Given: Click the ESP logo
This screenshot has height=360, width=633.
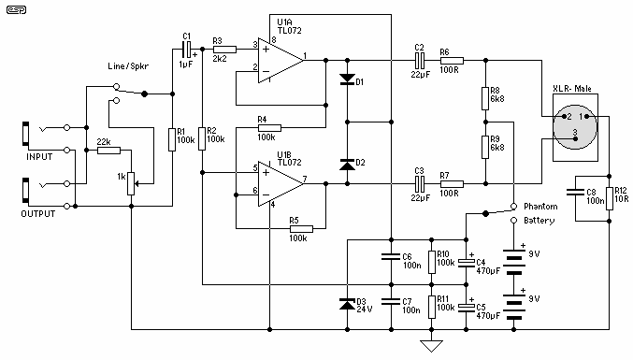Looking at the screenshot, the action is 16,9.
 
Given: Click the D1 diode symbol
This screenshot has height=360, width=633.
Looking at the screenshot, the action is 347,79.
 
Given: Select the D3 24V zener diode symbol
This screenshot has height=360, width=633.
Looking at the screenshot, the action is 347,304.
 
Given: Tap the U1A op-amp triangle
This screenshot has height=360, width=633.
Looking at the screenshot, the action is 281,61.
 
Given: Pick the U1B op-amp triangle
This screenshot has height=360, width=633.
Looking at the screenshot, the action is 281,183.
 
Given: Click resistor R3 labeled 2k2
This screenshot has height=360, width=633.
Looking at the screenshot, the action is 224,50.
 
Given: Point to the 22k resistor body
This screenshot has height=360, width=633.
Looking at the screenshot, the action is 108,151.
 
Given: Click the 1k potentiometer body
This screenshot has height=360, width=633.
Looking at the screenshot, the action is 131,183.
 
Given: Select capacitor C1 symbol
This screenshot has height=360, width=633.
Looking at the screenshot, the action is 186,50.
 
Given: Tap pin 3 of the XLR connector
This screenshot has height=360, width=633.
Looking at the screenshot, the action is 575,138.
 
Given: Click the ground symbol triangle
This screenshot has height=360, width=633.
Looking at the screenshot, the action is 432,346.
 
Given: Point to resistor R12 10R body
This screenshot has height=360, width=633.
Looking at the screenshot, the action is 610,198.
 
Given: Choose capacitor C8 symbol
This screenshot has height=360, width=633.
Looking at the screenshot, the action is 575,192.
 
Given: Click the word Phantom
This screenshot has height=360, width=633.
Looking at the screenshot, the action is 540,207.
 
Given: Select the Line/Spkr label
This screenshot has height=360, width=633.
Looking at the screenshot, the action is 128,66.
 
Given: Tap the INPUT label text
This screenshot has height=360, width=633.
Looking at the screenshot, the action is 39,156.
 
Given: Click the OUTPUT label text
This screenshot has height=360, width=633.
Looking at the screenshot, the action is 38,214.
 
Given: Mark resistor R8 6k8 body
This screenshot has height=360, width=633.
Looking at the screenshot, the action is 485,98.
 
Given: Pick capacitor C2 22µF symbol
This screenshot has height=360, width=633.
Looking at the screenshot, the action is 420,61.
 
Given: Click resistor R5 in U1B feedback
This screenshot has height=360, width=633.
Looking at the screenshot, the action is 301,229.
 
